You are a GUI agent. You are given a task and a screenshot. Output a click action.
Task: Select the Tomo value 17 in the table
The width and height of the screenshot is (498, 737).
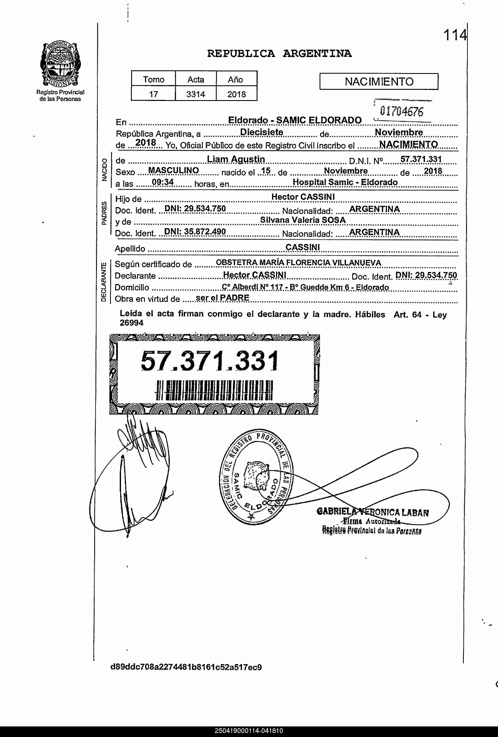tap(154, 94)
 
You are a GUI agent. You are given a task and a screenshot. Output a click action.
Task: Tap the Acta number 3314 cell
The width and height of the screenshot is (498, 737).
tap(196, 94)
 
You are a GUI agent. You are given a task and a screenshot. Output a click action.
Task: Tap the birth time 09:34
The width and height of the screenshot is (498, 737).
tap(163, 182)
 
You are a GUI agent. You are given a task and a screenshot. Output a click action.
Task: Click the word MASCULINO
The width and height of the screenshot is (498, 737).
tap(174, 171)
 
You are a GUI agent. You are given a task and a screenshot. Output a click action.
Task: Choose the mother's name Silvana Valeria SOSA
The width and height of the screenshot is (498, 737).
tap(303, 220)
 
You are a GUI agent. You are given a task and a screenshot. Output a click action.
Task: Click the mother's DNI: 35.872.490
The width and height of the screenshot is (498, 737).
tap(195, 232)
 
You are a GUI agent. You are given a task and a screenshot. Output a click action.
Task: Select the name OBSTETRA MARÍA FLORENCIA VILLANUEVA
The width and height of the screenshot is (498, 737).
tap(298, 262)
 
